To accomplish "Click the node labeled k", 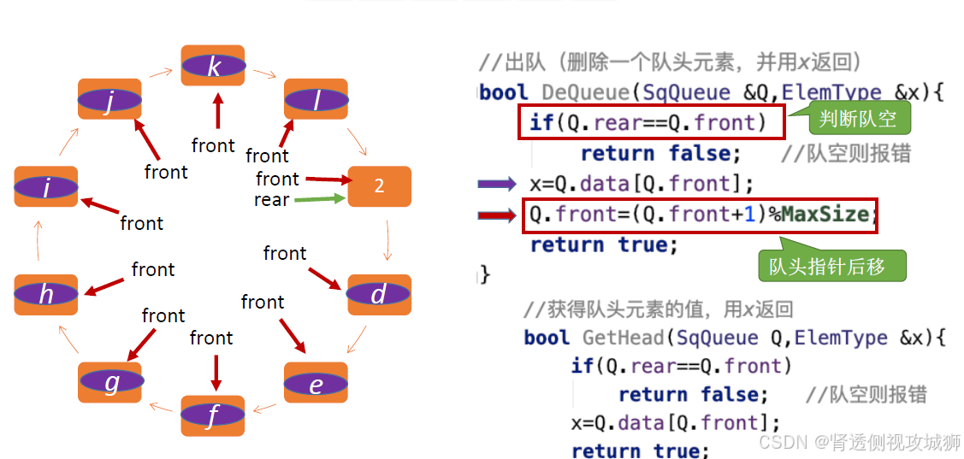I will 213,66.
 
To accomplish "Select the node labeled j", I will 109,100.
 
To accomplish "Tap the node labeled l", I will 316,99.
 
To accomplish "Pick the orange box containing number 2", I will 379,186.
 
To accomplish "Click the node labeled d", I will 379,295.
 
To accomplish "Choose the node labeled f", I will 212,416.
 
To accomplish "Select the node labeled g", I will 110,382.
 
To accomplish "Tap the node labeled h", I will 46,295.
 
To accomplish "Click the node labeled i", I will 46,187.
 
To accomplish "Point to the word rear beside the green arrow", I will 271,200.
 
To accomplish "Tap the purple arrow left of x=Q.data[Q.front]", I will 497,184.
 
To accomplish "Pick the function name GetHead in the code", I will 623,338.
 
